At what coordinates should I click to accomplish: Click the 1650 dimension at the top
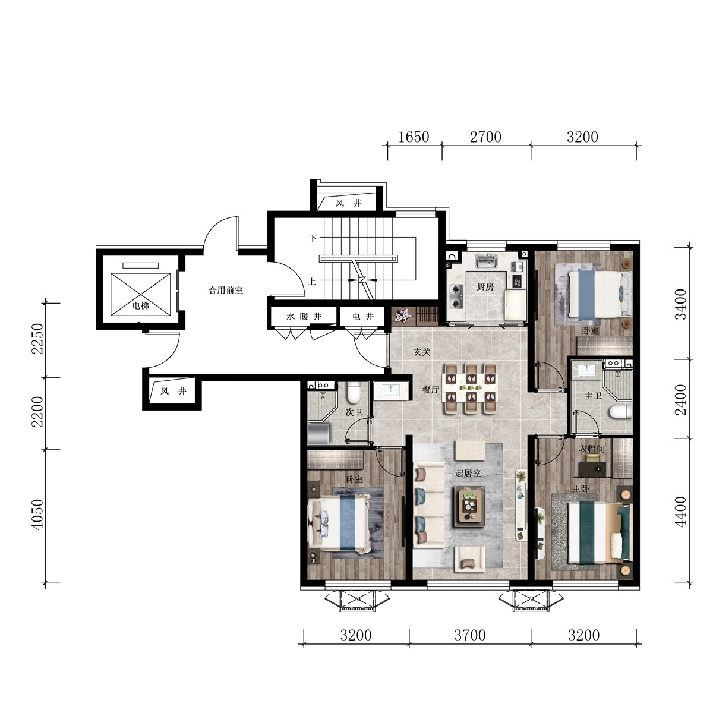[414, 137]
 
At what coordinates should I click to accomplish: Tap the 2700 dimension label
[485, 137]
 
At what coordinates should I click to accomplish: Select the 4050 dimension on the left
[38, 515]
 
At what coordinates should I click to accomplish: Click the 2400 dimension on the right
[680, 400]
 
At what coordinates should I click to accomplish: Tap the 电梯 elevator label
[141, 305]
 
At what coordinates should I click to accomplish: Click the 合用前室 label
[226, 290]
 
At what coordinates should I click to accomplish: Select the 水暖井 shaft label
[304, 316]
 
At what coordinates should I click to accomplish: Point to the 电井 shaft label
[363, 316]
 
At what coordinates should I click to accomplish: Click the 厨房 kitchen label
[485, 286]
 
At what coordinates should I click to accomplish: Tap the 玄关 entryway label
[422, 352]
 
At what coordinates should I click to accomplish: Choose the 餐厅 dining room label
[431, 389]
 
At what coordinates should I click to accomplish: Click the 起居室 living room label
[468, 473]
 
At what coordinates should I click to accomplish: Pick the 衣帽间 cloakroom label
[592, 449]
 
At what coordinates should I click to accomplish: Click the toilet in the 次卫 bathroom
[354, 393]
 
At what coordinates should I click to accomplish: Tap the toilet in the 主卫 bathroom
[620, 411]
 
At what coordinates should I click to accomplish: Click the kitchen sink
[486, 261]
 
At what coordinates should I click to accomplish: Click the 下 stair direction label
[313, 238]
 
